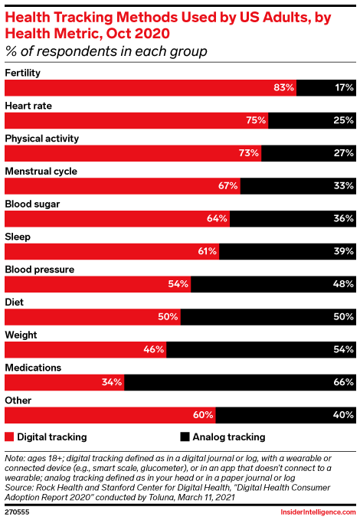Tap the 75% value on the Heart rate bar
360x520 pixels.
pyautogui.click(x=256, y=120)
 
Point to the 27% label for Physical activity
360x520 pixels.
pyautogui.click(x=343, y=153)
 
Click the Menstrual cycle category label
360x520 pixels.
pyautogui.click(x=41, y=171)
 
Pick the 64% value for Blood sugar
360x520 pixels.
pyautogui.click(x=218, y=218)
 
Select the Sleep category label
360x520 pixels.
pyautogui.click(x=18, y=237)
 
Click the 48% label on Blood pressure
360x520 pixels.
pyautogui.click(x=343, y=284)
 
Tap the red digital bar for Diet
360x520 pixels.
pyautogui.click(x=92, y=317)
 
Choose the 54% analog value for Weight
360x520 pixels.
pyautogui.click(x=343, y=349)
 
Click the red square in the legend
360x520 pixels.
pyautogui.click(x=9, y=437)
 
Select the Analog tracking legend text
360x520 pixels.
pyautogui.click(x=229, y=437)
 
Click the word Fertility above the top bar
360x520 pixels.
pyautogui.click(x=23, y=73)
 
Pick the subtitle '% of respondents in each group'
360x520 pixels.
pyautogui.click(x=106, y=51)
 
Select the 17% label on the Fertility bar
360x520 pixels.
pyautogui.click(x=343, y=87)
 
